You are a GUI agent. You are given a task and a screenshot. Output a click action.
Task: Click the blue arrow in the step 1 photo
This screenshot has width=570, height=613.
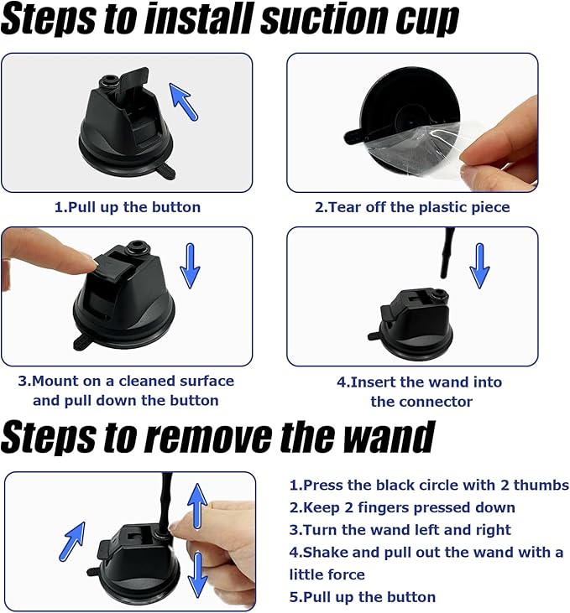point(184,101)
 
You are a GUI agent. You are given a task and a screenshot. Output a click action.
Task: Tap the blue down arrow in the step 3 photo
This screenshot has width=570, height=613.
point(191,266)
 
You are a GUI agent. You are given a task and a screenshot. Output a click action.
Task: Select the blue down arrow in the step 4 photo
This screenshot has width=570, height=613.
point(479,266)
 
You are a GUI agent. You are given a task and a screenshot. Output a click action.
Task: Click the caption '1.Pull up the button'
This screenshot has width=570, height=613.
point(128,207)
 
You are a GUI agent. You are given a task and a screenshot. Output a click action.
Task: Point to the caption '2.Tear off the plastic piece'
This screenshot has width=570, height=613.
point(413,207)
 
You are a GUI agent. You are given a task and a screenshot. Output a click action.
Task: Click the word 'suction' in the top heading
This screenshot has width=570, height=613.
point(323,18)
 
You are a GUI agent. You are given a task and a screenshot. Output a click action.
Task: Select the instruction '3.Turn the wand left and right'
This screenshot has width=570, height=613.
point(400,530)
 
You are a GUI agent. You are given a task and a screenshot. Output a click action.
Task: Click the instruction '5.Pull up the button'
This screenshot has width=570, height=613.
point(363,597)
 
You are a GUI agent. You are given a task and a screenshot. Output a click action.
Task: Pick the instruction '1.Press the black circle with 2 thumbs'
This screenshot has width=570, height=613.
point(429,486)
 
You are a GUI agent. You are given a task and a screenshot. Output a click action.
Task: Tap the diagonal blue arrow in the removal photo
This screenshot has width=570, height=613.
point(72,542)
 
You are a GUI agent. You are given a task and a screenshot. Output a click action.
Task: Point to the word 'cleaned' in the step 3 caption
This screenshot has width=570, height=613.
point(146,382)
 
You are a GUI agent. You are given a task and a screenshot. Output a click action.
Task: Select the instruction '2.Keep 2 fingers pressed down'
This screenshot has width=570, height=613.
point(402,507)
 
